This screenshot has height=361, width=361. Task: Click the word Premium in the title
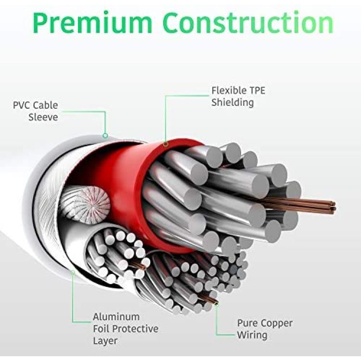(x=92, y=23)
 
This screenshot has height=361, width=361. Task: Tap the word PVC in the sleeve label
(x=21, y=105)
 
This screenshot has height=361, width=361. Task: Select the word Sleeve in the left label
(x=43, y=117)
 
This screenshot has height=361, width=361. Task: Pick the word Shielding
(x=232, y=103)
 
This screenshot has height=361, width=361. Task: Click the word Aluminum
(x=116, y=317)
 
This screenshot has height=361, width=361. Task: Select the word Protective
(x=136, y=329)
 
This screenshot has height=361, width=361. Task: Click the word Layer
(x=105, y=341)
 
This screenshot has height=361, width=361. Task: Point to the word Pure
(x=247, y=323)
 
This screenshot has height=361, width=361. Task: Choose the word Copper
(x=276, y=323)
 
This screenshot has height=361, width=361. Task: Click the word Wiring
(x=252, y=335)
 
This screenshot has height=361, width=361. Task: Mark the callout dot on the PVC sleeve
(x=105, y=136)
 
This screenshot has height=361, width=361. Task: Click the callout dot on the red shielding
(x=166, y=144)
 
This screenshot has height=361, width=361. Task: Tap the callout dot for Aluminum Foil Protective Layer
(x=73, y=272)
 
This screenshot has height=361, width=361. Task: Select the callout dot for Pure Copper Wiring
(x=216, y=304)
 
